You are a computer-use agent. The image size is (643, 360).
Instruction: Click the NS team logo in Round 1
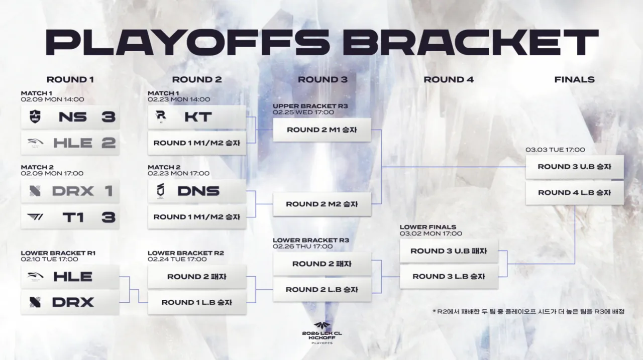coord(35,117)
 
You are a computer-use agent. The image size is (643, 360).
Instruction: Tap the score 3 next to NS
coord(108,117)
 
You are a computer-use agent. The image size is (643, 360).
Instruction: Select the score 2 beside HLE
coord(108,143)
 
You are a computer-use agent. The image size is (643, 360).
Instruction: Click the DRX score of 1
coord(109,191)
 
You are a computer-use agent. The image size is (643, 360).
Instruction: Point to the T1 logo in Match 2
coord(35,217)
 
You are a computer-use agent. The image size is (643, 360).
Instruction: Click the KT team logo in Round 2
coord(161,116)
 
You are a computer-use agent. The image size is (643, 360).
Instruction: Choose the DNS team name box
coord(197,191)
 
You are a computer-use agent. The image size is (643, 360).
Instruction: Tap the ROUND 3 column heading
coord(323,79)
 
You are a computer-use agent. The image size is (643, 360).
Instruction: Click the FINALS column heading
coord(574,79)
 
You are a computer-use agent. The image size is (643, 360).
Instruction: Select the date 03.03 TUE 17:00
coord(555,150)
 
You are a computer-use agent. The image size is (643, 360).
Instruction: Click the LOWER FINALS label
coord(427,227)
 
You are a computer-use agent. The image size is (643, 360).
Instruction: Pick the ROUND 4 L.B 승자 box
coord(574,193)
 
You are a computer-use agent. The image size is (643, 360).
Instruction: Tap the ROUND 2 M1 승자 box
coord(322,130)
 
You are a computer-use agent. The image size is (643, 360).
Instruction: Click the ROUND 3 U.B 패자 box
coord(449,251)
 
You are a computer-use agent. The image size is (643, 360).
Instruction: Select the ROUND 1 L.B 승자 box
coord(197,302)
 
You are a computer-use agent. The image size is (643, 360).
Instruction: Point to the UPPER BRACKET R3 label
coord(310,106)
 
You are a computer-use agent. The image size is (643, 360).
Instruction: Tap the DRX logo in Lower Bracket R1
coord(35,302)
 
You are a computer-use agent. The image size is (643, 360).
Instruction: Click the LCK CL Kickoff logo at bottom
coord(322,333)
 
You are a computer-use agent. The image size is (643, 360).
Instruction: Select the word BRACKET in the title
coord(471,42)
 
